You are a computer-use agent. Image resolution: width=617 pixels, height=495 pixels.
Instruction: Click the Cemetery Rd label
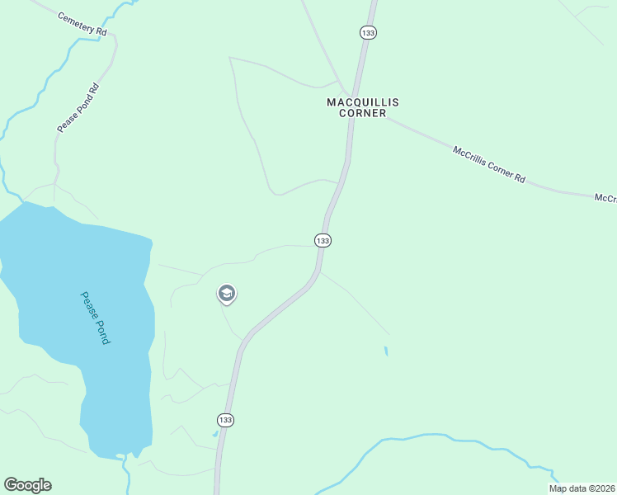point(82,22)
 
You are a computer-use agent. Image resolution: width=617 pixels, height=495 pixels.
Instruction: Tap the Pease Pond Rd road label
point(78,107)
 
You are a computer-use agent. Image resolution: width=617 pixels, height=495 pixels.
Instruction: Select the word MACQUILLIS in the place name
point(363,102)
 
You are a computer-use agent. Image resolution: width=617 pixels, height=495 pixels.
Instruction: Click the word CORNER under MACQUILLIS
point(363,113)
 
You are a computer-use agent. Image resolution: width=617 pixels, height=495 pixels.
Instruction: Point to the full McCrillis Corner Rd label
point(489,164)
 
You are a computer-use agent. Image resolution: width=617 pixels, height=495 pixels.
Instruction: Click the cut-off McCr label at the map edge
point(605,199)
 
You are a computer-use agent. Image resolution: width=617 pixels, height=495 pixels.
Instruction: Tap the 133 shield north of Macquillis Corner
point(368,32)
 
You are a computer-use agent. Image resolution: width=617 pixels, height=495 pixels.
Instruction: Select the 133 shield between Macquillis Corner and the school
point(323,240)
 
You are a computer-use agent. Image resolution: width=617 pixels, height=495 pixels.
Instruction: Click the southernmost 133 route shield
point(226,420)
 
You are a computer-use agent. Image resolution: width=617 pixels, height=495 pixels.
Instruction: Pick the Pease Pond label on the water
point(95,318)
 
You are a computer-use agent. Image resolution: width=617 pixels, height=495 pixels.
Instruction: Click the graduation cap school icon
point(226,294)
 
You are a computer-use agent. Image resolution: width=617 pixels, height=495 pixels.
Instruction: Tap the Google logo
point(27,485)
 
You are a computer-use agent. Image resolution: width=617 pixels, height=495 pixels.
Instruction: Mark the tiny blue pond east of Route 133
point(385,351)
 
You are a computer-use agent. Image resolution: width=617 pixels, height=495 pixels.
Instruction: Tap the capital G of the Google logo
point(11,485)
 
